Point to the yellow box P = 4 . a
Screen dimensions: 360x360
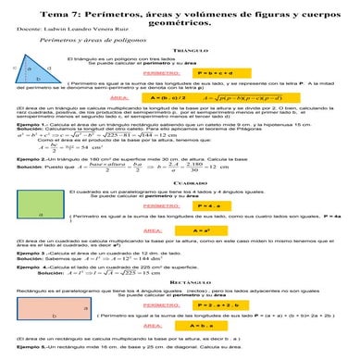coord(212,205)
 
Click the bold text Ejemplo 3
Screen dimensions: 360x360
coord(31,253)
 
